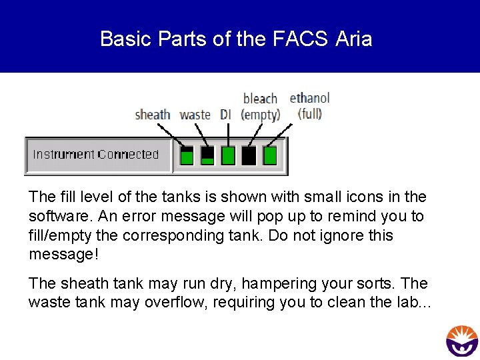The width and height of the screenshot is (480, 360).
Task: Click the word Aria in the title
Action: pos(354,39)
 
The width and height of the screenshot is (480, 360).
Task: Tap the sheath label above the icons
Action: pos(153,115)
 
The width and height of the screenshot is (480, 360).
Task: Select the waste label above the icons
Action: pos(195,115)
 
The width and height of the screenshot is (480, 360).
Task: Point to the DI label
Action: pos(225,115)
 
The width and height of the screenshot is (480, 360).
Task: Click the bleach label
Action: pos(260,99)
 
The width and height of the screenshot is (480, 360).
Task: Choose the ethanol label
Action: pos(309,99)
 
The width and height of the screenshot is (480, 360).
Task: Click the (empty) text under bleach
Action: pos(260,115)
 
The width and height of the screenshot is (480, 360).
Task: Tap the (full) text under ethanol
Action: pos(309,113)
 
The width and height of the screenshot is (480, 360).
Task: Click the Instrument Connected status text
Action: pos(96,155)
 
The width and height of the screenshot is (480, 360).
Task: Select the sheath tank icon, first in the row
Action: pos(187,155)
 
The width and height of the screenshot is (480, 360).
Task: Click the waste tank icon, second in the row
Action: pos(208,155)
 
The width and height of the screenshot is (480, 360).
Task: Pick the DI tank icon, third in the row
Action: pos(228,155)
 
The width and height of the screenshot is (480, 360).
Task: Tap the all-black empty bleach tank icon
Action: pos(249,155)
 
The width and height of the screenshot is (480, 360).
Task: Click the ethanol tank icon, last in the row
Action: pos(269,155)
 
